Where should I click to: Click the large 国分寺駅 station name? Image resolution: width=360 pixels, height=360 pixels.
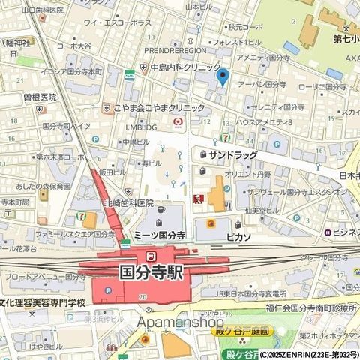click(161, 271)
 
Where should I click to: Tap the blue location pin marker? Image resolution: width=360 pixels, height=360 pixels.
click(221, 76)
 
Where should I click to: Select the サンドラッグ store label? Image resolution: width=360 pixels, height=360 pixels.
click(233, 155)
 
